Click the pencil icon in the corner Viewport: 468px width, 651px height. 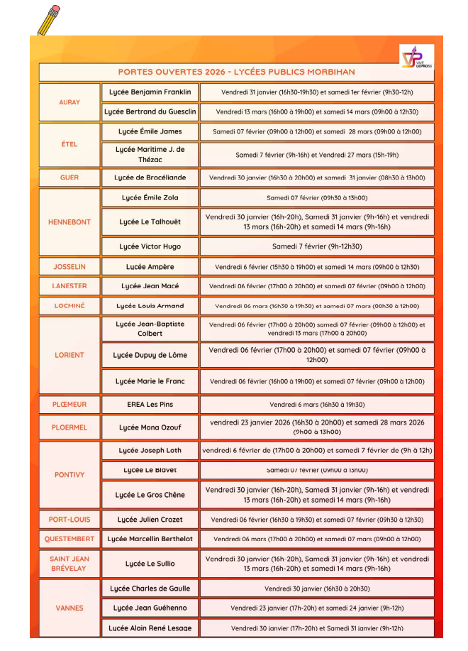coord(49,20)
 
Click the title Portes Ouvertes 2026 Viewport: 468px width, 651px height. coord(236,72)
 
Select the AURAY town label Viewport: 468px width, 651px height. coord(69,102)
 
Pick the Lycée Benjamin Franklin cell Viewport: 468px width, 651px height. coord(150,92)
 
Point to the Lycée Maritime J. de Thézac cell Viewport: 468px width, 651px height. coord(150,154)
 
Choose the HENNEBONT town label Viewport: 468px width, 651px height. coord(69,222)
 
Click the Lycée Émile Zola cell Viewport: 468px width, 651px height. coord(150,198)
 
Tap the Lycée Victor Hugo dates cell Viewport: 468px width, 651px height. coord(317,247)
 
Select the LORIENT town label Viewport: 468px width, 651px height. coord(69,355)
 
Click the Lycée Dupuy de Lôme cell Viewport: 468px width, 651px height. coord(150,355)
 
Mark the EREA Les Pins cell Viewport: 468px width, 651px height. coord(150,405)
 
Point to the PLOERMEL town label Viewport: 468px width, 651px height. coord(69,427)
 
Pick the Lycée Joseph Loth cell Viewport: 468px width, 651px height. coord(150,450)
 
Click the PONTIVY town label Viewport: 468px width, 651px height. coord(69,475)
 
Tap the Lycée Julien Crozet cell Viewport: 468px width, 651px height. coord(150,520)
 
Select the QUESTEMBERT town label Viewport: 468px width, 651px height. coord(69,539)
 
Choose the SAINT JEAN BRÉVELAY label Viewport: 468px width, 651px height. coord(69,564)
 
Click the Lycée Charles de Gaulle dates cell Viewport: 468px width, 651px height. coord(317,589)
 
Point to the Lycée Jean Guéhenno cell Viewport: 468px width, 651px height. coord(150,608)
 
